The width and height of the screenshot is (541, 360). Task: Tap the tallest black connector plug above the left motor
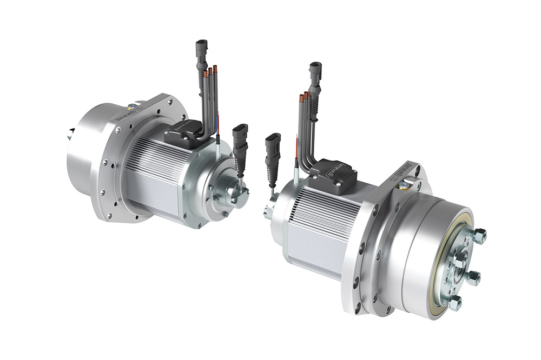tap(201, 49)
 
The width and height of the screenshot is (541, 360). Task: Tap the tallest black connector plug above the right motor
tap(315, 73)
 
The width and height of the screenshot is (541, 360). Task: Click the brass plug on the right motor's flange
tap(403, 185)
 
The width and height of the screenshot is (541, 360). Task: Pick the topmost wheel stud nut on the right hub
tap(479, 236)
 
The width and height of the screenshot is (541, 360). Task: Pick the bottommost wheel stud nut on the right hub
tap(455, 301)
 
